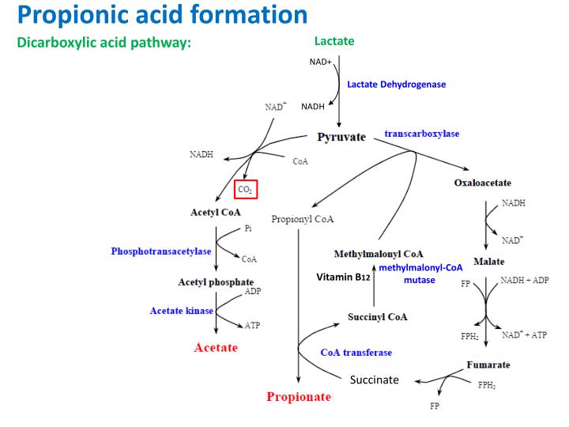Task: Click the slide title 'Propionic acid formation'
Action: pyautogui.click(x=162, y=14)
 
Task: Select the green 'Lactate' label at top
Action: pyautogui.click(x=334, y=41)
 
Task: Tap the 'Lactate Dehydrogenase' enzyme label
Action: pyautogui.click(x=397, y=85)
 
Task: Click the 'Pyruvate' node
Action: pyautogui.click(x=341, y=137)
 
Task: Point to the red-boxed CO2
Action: pyautogui.click(x=246, y=189)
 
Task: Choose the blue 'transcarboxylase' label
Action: pyautogui.click(x=421, y=134)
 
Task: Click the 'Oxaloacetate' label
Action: pyautogui.click(x=482, y=183)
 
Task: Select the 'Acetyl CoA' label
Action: pyautogui.click(x=216, y=212)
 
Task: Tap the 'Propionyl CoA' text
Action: pyautogui.click(x=303, y=219)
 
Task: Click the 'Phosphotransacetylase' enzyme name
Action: pyautogui.click(x=161, y=251)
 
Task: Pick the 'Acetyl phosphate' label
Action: pyautogui.click(x=216, y=282)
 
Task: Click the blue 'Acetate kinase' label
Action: pyautogui.click(x=182, y=311)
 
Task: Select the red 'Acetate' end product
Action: pyautogui.click(x=216, y=347)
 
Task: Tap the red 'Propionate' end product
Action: pyautogui.click(x=299, y=396)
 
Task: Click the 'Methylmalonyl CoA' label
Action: pyautogui.click(x=379, y=254)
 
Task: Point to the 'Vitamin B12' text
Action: pyautogui.click(x=344, y=278)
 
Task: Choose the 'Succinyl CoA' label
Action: pyautogui.click(x=378, y=317)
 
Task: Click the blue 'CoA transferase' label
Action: pyautogui.click(x=356, y=352)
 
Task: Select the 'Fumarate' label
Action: pyautogui.click(x=488, y=365)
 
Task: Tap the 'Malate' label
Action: pyautogui.click(x=489, y=262)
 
